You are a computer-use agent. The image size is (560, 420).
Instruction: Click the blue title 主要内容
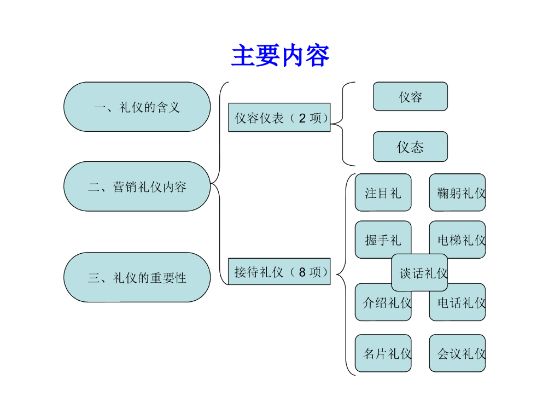pyautogui.click(x=280, y=56)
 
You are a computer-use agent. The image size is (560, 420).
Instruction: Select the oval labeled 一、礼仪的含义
pyautogui.click(x=137, y=107)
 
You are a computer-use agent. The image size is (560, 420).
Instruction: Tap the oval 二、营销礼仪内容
pyautogui.click(x=137, y=186)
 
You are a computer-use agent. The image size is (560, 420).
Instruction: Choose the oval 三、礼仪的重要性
pyautogui.click(x=137, y=277)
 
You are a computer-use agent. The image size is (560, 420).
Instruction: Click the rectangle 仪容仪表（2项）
pyautogui.click(x=279, y=118)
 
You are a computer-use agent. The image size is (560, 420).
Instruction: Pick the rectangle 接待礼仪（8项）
pyautogui.click(x=279, y=271)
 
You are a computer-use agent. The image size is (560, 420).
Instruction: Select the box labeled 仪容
pyautogui.click(x=410, y=96)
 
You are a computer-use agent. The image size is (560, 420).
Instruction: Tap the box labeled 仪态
pyautogui.click(x=410, y=147)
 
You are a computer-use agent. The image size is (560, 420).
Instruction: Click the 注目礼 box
pyautogui.click(x=383, y=192)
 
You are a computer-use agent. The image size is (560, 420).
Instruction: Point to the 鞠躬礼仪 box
pyautogui.click(x=457, y=192)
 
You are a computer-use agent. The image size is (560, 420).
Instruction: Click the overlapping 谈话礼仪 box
pyautogui.click(x=419, y=272)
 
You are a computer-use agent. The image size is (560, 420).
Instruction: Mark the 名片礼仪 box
pyautogui.click(x=383, y=353)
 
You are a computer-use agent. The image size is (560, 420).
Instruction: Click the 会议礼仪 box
pyautogui.click(x=457, y=353)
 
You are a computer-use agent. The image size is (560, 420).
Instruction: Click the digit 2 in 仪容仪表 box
pyautogui.click(x=302, y=118)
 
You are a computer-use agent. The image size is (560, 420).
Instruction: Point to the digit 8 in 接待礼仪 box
pyautogui.click(x=302, y=272)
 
